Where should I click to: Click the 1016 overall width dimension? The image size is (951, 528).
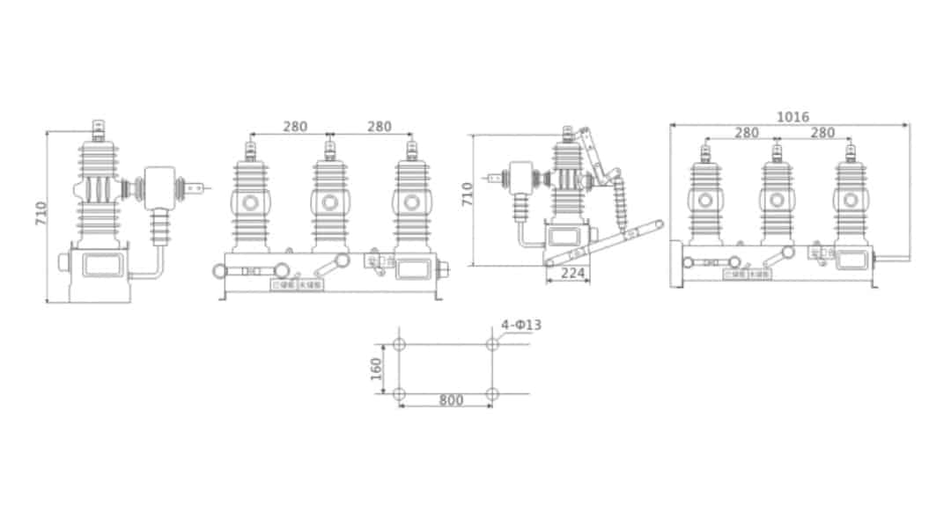point(792,117)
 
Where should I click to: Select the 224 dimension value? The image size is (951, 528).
point(572,274)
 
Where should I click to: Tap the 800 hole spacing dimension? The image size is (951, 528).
point(451,400)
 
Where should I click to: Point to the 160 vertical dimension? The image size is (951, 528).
point(377,368)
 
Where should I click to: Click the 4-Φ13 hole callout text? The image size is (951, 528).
point(521,326)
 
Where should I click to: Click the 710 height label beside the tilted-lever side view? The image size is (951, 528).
point(468,193)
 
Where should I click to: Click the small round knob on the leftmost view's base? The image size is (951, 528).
point(63,262)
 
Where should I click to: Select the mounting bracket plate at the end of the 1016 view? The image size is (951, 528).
point(675,264)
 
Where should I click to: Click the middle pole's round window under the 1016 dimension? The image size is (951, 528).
point(777,203)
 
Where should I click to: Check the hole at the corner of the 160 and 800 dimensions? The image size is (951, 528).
point(399,392)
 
